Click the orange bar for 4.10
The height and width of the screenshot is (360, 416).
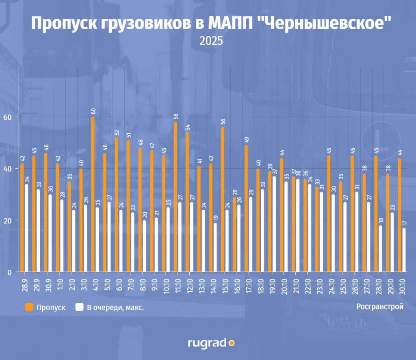tap(93, 195)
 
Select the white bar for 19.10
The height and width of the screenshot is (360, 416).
tap(274, 224)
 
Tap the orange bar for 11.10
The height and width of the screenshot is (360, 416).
tap(175, 197)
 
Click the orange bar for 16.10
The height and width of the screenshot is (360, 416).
tap(234, 234)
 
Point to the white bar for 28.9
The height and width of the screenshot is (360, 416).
tap(27, 228)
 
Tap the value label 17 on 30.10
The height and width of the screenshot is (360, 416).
tap(404, 223)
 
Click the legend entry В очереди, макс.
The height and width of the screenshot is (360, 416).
tap(110, 308)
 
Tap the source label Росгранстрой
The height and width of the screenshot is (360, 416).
tap(379, 306)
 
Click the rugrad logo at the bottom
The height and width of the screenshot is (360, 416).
tap(211, 343)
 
